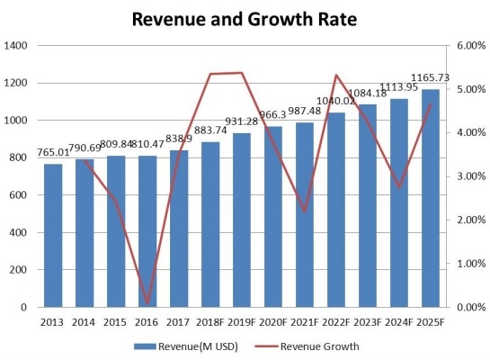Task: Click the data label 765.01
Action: pyautogui.click(x=53, y=154)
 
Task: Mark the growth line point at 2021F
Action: pyautogui.click(x=306, y=211)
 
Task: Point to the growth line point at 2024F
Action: pyautogui.click(x=400, y=187)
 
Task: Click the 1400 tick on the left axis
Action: pyautogui.click(x=17, y=46)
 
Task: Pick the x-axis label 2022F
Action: pyautogui.click(x=337, y=320)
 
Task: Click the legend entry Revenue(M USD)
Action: pyautogui.click(x=189, y=346)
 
